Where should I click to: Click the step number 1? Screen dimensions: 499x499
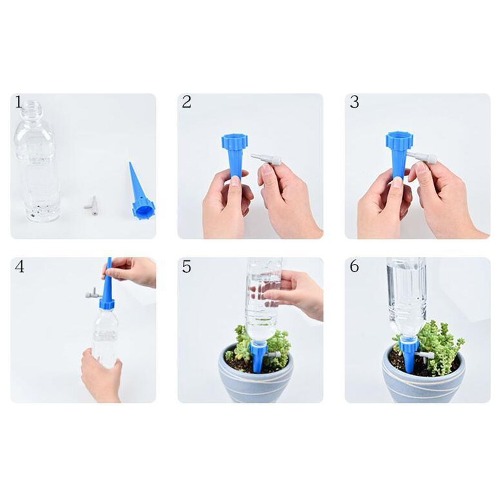tap(19, 103)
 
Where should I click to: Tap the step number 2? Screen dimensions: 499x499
tap(187, 102)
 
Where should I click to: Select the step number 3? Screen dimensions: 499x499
tap(354, 102)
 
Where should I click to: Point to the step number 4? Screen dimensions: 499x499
tap(19, 267)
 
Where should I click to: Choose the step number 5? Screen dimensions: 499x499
tap(187, 267)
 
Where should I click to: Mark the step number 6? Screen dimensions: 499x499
tap(355, 267)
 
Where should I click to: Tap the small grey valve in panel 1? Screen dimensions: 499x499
tap(92, 207)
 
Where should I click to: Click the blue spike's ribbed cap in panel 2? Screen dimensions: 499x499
tap(235, 141)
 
